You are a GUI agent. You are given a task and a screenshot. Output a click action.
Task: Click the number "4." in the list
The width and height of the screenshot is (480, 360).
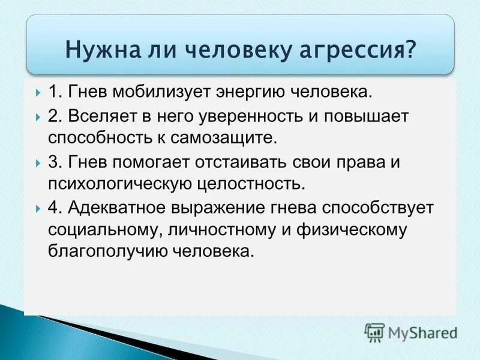[56, 208]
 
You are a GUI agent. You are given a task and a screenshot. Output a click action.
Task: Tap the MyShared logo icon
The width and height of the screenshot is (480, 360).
[375, 332]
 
